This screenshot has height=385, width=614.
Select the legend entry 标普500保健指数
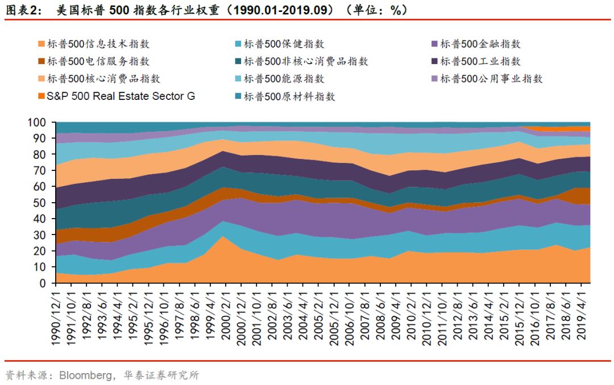284,44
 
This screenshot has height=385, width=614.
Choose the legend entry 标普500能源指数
284,79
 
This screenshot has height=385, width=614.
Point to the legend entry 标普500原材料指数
289,97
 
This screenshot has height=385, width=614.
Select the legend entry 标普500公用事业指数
491,79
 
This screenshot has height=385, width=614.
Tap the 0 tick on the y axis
42,283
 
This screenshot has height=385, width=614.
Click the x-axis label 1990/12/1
56,316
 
